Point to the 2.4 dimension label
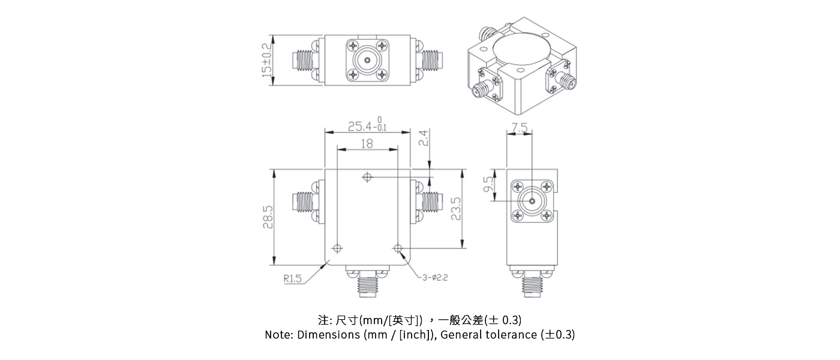[x=423, y=139]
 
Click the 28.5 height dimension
[x=268, y=217]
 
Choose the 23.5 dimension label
[x=455, y=209]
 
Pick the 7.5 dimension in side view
[x=520, y=128]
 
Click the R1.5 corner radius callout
[x=293, y=279]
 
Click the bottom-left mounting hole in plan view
[x=338, y=248]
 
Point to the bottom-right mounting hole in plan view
[x=397, y=248]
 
